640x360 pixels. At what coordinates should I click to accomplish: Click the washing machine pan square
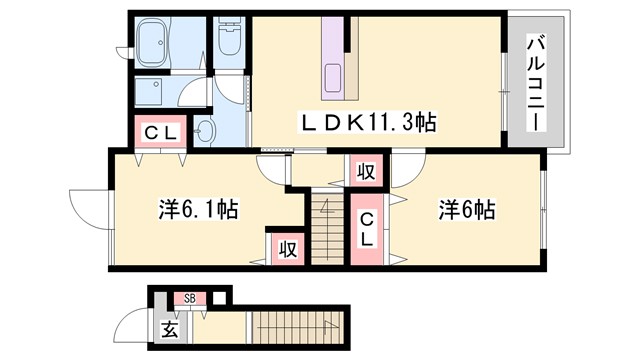point(156,94)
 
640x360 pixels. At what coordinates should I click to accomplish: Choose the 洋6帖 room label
point(465,210)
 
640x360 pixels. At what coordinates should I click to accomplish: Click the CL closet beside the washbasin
point(158,131)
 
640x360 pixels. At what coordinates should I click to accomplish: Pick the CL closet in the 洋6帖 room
point(368,230)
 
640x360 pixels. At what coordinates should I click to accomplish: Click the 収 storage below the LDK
point(366,171)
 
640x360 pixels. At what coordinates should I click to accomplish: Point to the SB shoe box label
point(189,297)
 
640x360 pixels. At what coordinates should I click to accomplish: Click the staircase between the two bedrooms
point(325,228)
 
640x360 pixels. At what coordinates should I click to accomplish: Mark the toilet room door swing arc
point(232,91)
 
